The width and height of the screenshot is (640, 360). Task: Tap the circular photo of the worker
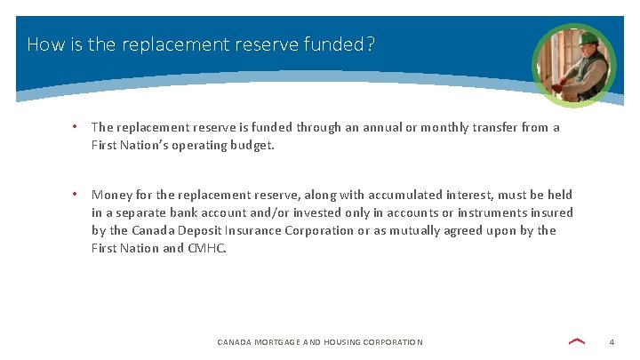tap(573, 65)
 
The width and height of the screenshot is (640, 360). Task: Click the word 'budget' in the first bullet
tap(251, 145)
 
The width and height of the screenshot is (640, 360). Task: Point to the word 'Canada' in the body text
tap(155, 230)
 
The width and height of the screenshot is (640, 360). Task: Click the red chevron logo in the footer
tap(576, 341)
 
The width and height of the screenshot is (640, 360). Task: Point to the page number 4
tap(612, 342)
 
